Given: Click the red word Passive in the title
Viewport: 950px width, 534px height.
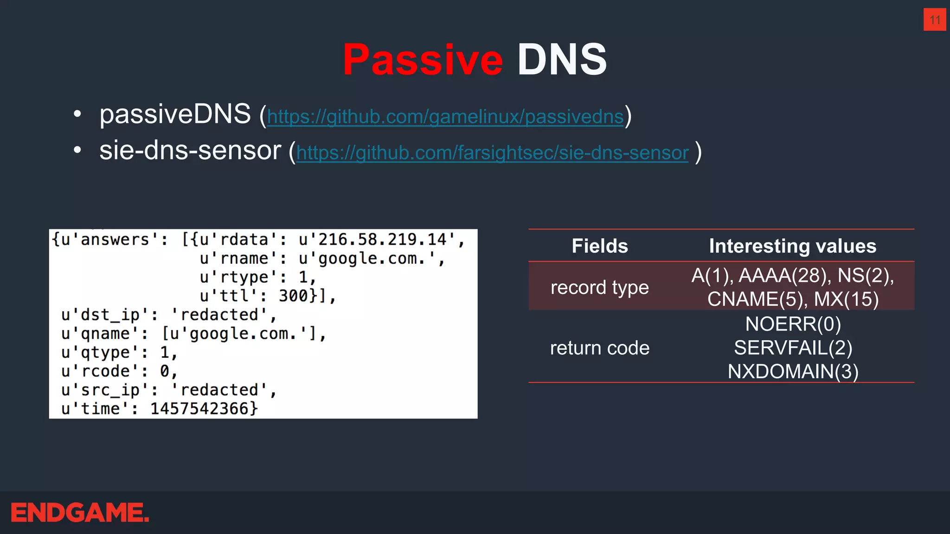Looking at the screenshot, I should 423,60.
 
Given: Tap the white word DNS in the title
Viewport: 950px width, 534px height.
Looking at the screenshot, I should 562,60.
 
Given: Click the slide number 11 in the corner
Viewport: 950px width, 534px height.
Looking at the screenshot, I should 935,20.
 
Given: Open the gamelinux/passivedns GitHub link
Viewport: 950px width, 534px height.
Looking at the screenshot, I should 445,116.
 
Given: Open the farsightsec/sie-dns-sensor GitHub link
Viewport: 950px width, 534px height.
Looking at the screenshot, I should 492,153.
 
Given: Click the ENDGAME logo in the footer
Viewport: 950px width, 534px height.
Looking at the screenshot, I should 80,513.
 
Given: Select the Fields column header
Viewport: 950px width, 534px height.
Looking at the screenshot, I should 599,246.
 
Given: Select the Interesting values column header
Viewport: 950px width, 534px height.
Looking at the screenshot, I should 792,246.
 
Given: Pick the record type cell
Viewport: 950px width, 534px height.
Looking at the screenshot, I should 599,287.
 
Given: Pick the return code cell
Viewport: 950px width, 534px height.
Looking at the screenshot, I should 599,348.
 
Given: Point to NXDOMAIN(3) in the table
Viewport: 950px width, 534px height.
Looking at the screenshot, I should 793,371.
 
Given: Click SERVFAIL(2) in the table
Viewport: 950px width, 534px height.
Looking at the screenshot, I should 793,348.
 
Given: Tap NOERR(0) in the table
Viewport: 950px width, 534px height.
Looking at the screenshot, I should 793,324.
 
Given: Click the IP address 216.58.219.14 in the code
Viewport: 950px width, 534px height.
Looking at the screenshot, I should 382,240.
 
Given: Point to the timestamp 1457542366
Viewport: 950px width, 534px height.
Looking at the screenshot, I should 204,408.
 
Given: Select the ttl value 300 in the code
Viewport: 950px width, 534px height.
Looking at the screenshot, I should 293,296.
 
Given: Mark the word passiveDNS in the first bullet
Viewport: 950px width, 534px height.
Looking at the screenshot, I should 175,114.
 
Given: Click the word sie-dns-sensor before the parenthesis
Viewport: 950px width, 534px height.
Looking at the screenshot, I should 190,151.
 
